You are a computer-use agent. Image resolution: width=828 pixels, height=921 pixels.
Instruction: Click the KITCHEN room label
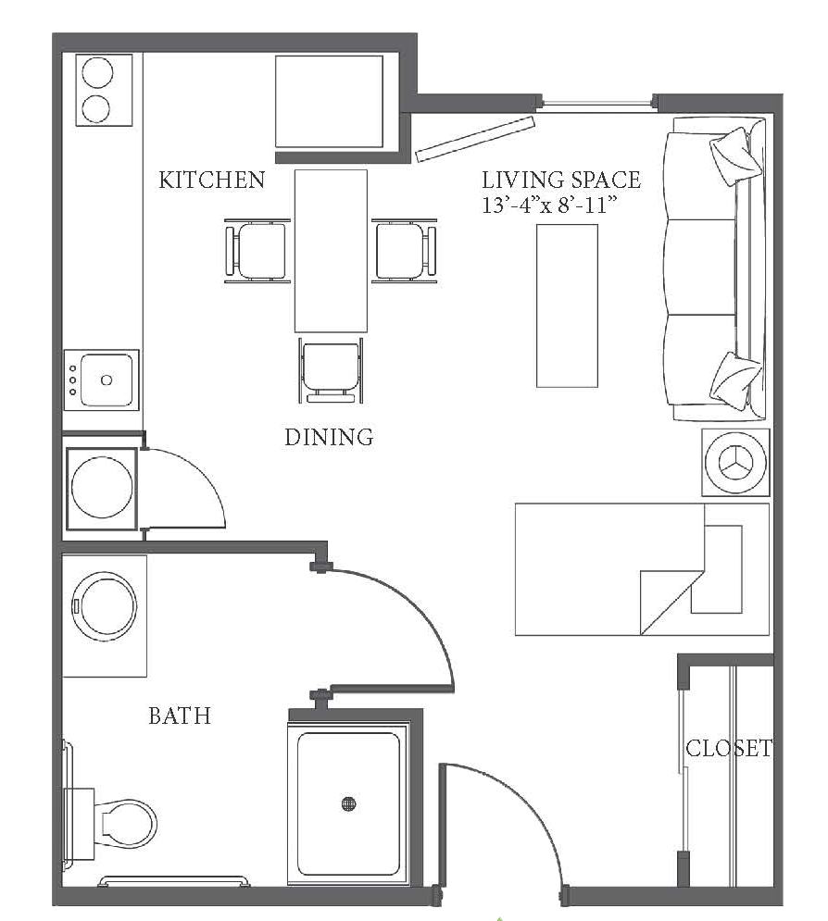(x=211, y=180)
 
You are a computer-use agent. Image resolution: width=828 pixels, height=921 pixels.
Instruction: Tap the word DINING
(x=329, y=437)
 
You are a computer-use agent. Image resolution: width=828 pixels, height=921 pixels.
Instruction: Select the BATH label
(x=180, y=716)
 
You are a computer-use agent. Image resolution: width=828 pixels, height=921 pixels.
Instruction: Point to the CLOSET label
(x=729, y=748)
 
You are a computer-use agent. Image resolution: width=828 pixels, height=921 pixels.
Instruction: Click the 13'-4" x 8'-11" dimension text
(x=549, y=205)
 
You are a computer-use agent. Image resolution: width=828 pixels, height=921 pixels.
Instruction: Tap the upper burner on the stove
(x=97, y=72)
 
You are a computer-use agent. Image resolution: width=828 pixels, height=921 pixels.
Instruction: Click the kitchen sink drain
(x=107, y=380)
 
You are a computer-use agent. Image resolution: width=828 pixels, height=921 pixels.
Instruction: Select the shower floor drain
(x=348, y=803)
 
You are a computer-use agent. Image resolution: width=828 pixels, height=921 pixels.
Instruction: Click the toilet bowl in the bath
(x=126, y=823)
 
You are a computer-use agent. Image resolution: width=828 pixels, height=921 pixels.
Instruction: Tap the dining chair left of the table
(x=257, y=251)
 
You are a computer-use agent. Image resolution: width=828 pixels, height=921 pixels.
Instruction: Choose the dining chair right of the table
(x=405, y=251)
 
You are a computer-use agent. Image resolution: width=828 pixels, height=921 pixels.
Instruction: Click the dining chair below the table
(x=331, y=370)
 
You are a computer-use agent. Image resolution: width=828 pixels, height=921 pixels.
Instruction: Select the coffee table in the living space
(x=567, y=305)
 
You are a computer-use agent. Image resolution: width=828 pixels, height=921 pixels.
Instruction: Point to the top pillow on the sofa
(x=735, y=156)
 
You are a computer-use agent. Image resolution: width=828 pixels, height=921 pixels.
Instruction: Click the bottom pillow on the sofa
(x=735, y=380)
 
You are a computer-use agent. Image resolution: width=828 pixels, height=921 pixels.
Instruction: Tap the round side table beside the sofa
(x=735, y=462)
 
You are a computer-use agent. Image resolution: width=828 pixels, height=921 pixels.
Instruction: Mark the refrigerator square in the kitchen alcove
(x=329, y=102)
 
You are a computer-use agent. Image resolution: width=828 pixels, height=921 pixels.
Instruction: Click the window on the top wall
(x=596, y=104)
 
